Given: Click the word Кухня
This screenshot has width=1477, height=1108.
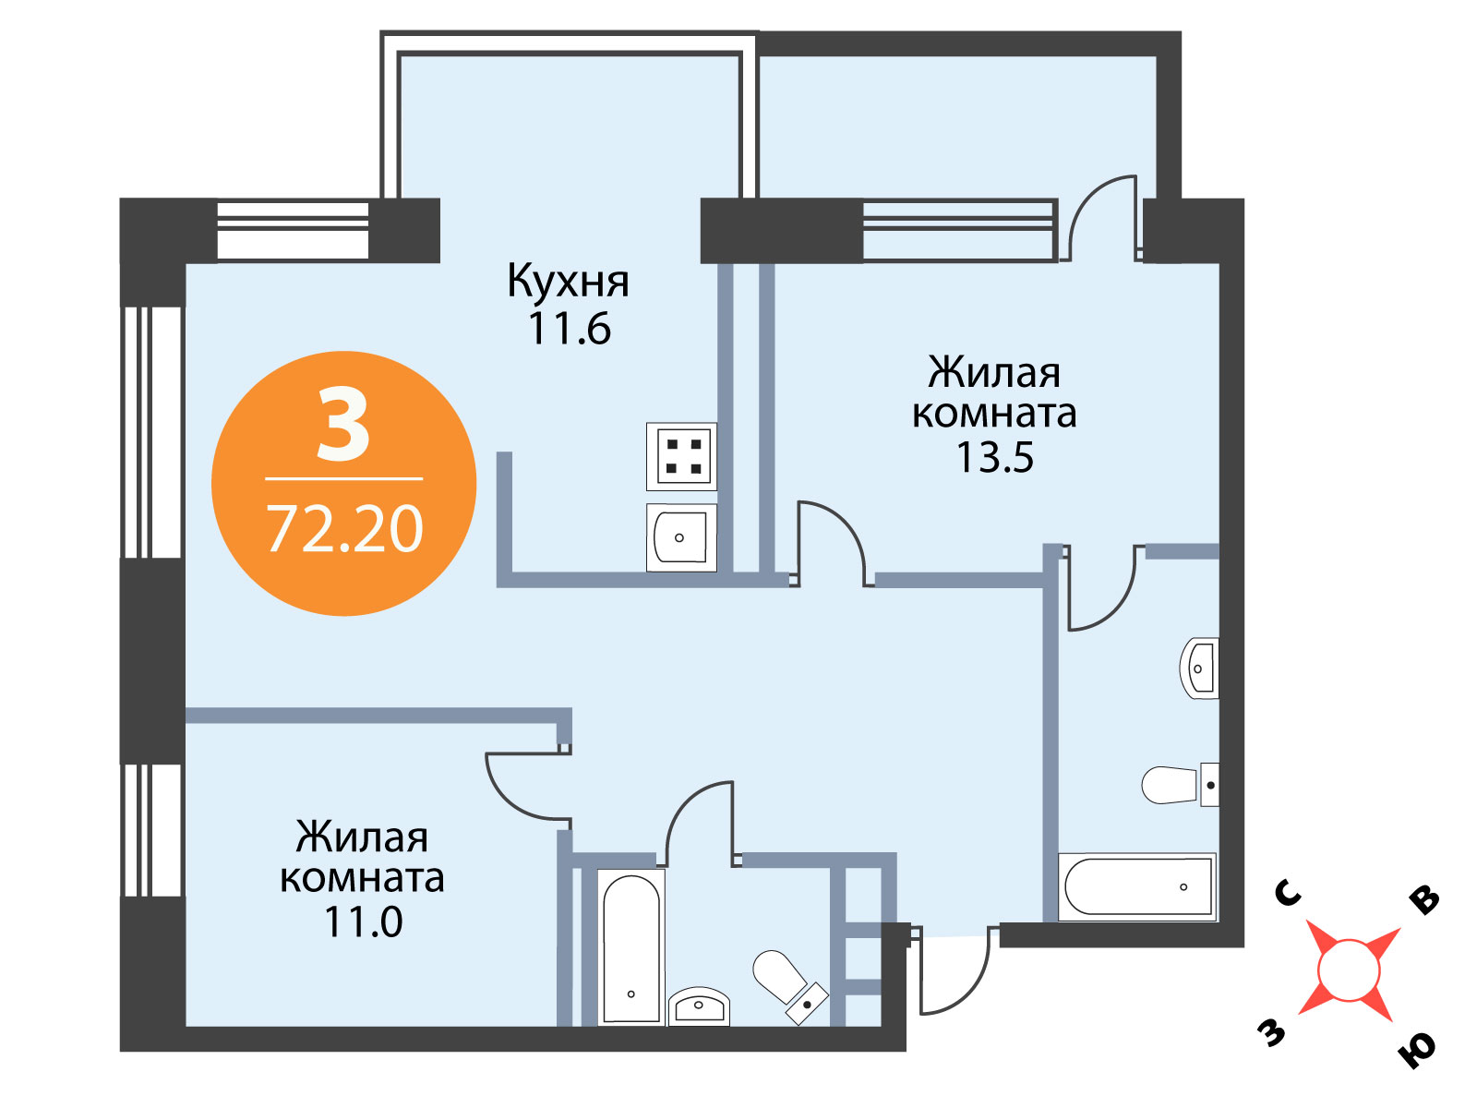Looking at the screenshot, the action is pos(568,283).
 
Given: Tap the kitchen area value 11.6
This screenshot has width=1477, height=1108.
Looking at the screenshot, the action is pos(570,329).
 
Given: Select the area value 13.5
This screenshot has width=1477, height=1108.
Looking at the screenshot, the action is pos(994,457).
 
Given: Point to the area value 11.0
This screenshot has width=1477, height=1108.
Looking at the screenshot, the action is pos(364,921).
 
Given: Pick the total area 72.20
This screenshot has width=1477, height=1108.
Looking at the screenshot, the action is pos(344,529).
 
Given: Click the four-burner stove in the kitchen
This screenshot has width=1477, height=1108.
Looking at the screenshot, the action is pos(681,457).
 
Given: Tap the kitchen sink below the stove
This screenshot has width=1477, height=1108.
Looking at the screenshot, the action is pos(681,537).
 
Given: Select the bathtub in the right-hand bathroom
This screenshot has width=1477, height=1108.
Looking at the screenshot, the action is pos(1137,886).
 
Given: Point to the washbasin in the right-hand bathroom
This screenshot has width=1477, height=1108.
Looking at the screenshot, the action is pos(1199,668).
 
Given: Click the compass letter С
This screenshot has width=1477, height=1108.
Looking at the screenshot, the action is pos(1289,894).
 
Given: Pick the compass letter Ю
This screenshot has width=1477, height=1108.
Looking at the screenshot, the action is pos(1417,1053).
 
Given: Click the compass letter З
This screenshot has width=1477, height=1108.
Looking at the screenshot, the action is pos(1271,1032).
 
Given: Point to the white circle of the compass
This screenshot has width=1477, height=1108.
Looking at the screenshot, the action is pos(1349,970).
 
